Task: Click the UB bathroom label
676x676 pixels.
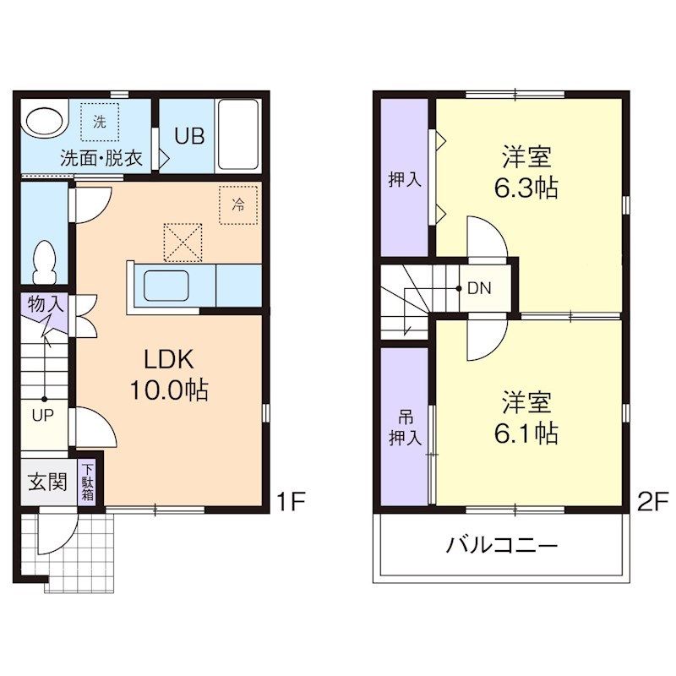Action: tap(189, 136)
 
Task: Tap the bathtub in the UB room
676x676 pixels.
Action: tap(238, 134)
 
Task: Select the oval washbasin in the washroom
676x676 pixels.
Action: tap(46, 119)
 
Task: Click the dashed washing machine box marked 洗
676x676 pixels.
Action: tap(100, 122)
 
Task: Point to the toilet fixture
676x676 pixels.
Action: tap(45, 261)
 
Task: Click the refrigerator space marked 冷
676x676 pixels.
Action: tap(238, 204)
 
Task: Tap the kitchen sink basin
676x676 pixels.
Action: tap(166, 286)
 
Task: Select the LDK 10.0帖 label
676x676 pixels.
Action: tap(169, 374)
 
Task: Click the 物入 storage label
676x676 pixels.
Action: tap(46, 304)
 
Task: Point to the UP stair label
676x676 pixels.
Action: tap(43, 415)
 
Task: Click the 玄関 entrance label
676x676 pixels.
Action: tap(47, 482)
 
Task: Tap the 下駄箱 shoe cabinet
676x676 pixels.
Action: tap(88, 482)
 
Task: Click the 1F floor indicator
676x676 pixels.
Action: tap(291, 501)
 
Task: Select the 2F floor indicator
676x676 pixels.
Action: tap(652, 501)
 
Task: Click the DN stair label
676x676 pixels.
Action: tap(479, 288)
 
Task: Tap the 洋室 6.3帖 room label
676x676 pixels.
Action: tap(526, 172)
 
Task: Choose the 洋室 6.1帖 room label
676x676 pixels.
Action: tap(526, 417)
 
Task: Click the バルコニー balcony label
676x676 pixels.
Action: tap(502, 545)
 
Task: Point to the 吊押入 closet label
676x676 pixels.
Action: tap(405, 428)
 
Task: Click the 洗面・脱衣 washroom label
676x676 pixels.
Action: tap(101, 158)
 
